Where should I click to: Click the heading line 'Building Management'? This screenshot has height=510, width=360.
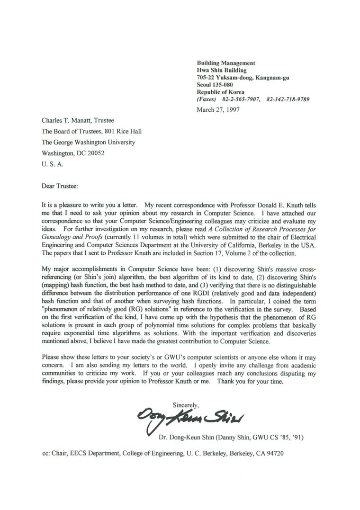point(226,63)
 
